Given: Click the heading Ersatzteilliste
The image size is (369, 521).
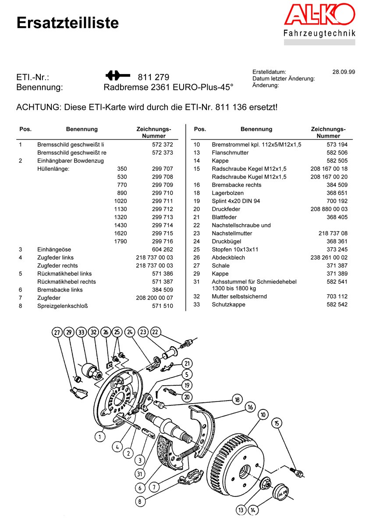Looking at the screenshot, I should [x=67, y=23].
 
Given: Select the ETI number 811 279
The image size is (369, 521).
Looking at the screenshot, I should [x=153, y=77].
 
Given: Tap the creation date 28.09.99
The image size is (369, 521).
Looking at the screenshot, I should [x=344, y=72].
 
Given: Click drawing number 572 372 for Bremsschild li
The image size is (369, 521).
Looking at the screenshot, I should [x=163, y=144].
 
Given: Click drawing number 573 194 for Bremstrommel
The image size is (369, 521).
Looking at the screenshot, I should [x=337, y=144].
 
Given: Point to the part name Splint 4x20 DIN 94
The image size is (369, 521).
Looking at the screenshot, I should [x=236, y=201].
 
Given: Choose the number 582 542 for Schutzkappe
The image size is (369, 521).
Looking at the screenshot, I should [x=337, y=304].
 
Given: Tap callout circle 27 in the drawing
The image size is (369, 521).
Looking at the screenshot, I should [x=57, y=332].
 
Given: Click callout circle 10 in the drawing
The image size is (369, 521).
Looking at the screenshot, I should [x=263, y=414].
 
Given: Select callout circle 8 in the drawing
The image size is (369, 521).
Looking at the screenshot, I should [x=140, y=502].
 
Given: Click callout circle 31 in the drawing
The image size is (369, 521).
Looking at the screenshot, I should [x=140, y=474].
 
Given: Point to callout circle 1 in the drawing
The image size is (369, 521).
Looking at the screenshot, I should [x=100, y=437].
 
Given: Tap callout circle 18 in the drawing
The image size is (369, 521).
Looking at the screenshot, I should [x=237, y=399].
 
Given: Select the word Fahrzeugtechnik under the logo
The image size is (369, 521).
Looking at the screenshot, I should [x=319, y=33].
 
